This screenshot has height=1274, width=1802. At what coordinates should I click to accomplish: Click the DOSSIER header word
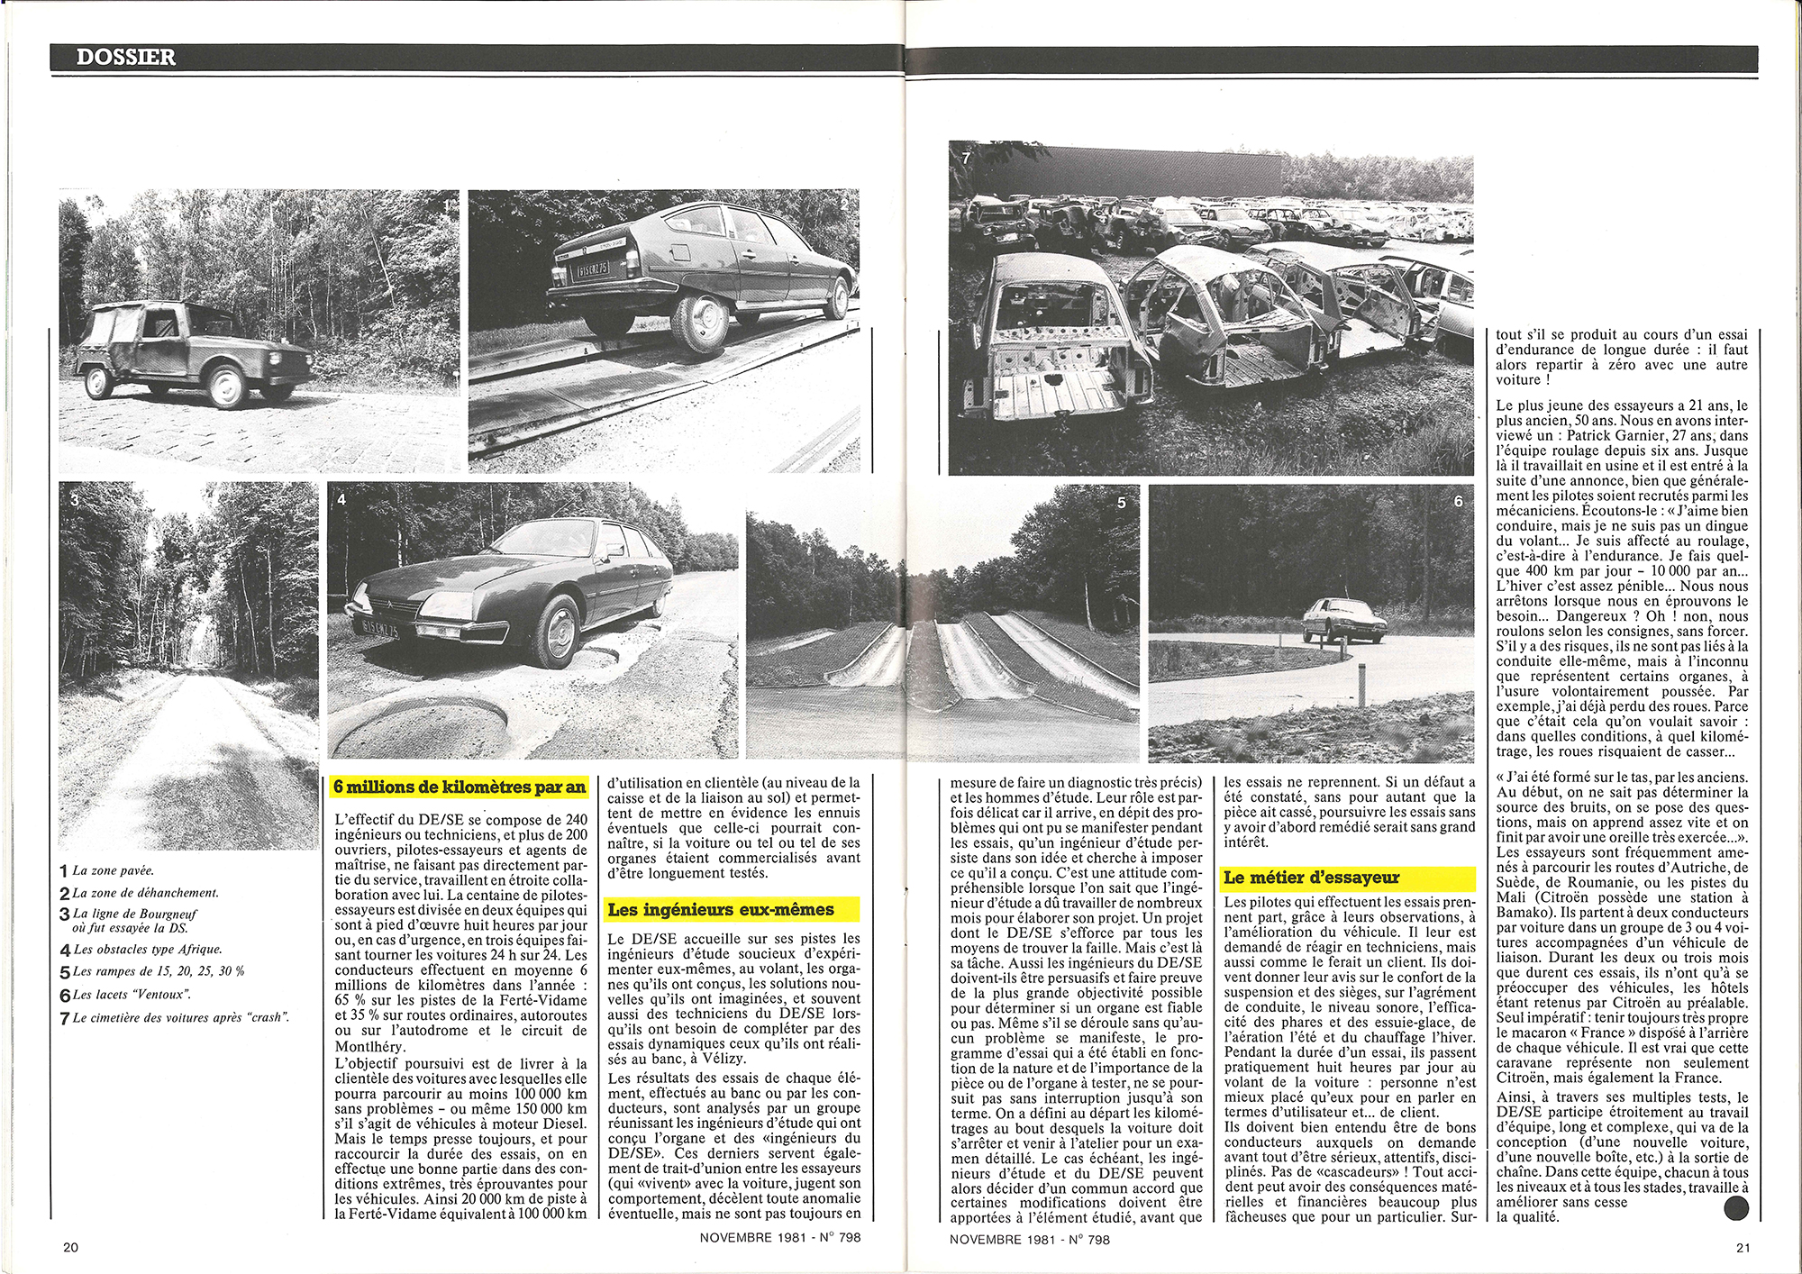click(126, 57)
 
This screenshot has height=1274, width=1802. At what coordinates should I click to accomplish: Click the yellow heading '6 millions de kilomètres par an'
click(460, 787)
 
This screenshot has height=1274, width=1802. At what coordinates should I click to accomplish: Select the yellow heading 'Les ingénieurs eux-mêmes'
click(721, 909)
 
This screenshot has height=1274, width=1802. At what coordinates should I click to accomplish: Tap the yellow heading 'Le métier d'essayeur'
click(1311, 877)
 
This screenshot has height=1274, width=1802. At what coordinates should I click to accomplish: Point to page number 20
click(71, 1247)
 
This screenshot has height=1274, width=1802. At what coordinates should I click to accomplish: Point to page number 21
click(1742, 1247)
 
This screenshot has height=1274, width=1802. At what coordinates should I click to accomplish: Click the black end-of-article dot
click(1735, 1207)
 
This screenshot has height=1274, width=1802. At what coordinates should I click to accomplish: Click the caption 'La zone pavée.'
click(113, 870)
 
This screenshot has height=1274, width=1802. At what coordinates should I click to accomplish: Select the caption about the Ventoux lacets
click(132, 995)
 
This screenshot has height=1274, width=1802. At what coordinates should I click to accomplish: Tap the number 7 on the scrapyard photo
click(966, 158)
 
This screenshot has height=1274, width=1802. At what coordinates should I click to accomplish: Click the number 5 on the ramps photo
click(1121, 503)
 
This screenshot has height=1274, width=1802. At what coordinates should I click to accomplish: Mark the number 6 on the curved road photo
click(1458, 501)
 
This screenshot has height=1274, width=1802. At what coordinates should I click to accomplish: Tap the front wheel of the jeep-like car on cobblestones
click(225, 387)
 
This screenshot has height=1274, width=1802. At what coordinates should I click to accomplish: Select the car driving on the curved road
click(1343, 620)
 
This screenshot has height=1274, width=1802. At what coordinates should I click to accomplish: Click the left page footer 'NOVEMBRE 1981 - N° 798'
click(780, 1237)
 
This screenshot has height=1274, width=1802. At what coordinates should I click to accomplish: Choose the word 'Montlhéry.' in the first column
click(370, 1046)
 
